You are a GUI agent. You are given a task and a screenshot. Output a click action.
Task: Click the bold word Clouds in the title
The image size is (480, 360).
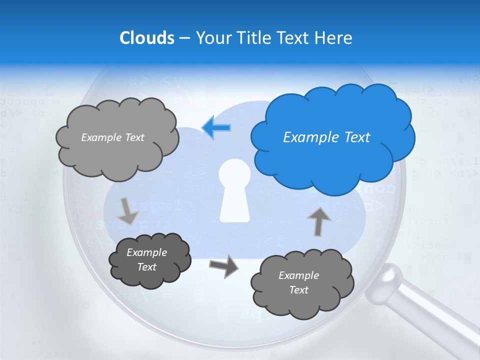(x=147, y=38)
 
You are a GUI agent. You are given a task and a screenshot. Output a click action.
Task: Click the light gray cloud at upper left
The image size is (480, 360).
(x=117, y=137)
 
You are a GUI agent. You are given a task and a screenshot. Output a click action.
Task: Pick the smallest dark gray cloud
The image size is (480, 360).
(x=149, y=260)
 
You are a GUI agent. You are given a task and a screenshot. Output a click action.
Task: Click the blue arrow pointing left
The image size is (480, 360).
(x=216, y=127)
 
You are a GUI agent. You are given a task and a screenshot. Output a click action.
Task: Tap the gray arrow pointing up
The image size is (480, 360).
(x=319, y=220)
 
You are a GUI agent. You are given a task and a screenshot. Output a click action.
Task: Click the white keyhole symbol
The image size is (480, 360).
(x=234, y=190)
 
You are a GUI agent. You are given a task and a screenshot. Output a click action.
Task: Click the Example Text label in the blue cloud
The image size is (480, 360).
(x=326, y=137)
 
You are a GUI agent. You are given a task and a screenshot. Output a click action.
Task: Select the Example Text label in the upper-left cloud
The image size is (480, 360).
(x=112, y=137)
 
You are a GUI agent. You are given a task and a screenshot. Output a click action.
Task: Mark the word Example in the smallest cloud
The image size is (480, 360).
(x=146, y=252)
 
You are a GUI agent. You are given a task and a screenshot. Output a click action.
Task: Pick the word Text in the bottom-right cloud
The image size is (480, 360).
(x=298, y=290)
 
